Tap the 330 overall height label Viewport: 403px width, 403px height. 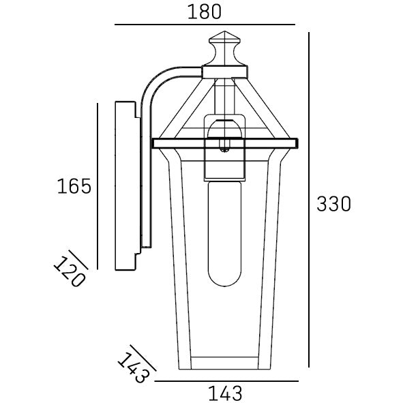tap(334, 203)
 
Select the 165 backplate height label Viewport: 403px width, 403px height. tap(74, 185)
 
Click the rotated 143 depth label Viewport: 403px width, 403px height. tap(132, 366)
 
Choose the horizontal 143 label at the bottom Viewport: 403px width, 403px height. tap(224, 393)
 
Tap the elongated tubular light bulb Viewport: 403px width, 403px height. tap(224, 232)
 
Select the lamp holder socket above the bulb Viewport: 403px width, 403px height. tap(225, 147)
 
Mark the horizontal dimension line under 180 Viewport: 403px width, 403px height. tap(205, 25)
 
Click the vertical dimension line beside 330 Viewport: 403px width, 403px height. tap(310, 203)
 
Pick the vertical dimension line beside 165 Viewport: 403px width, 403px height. tap(98, 185)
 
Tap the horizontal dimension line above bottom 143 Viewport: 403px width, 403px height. tap(224, 380)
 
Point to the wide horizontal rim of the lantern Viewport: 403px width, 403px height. tap(225, 143)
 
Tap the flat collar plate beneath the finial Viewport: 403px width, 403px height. tap(226, 69)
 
